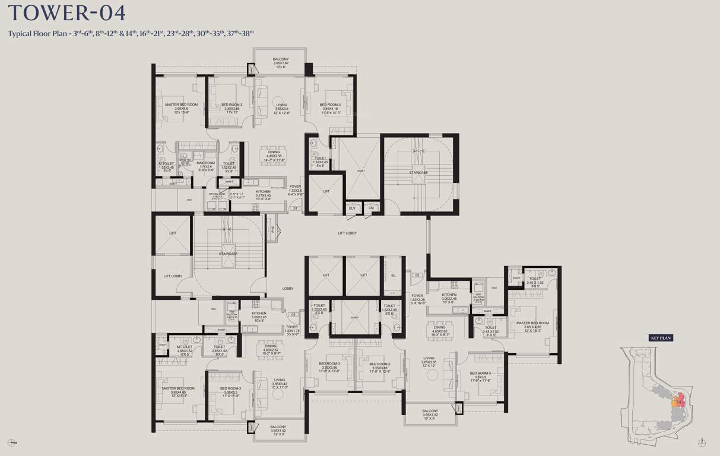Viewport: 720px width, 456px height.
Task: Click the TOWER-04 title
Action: point(66,13)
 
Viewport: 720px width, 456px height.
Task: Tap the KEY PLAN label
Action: point(660,338)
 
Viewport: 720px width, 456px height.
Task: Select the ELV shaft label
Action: point(352,208)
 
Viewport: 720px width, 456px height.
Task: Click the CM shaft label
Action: point(371,208)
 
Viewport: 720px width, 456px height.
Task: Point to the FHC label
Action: point(273,229)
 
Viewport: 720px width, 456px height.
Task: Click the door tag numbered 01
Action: point(294,208)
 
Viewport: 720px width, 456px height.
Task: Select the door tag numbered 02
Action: point(417,275)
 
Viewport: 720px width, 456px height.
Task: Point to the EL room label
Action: point(393,275)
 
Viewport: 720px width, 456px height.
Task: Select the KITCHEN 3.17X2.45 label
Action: point(263,195)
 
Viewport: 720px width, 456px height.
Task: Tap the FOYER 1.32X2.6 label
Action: point(295,190)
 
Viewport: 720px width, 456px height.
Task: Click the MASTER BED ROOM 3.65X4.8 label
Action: point(181,108)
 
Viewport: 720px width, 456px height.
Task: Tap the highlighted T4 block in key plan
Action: point(680,403)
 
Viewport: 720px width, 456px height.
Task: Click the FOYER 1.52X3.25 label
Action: point(417,299)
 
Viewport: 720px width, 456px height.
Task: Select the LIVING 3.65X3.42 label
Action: point(279,383)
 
